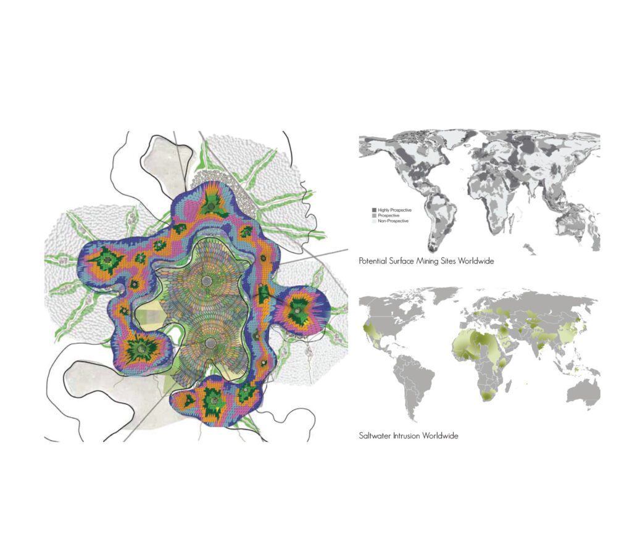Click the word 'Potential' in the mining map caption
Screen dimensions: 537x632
coord(374,261)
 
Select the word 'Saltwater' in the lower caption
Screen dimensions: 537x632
coord(376,436)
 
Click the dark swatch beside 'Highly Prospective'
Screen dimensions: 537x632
coord(374,210)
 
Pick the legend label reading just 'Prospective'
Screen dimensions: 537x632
coord(389,215)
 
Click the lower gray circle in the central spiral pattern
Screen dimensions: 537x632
coord(210,343)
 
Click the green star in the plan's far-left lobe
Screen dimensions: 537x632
coord(104,262)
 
